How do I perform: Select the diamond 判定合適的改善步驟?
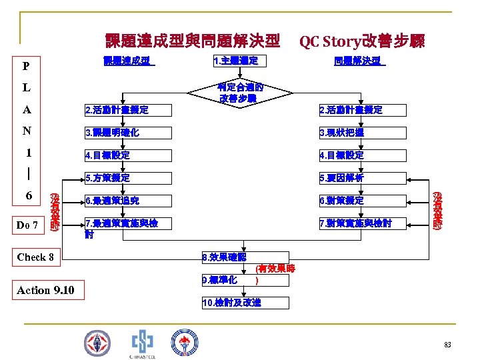240,93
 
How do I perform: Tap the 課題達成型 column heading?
129,61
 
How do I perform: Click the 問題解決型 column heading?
359,61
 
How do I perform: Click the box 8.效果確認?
245,257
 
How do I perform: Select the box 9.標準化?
227,279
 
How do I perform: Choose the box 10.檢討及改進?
245,303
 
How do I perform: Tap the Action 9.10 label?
45,290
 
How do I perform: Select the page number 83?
447,345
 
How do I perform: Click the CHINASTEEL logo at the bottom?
142,343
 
